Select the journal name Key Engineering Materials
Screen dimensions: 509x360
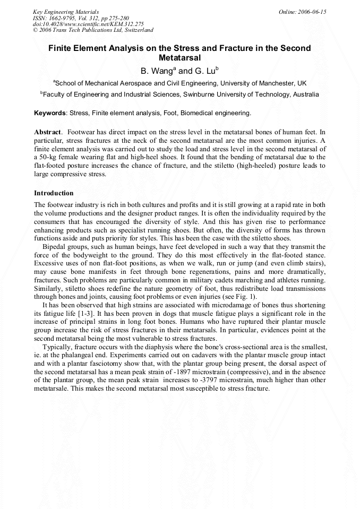tap(66, 11)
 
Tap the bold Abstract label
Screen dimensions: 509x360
tap(48, 132)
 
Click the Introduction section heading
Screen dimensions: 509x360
tap(54, 193)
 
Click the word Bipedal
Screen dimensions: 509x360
tap(54, 248)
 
